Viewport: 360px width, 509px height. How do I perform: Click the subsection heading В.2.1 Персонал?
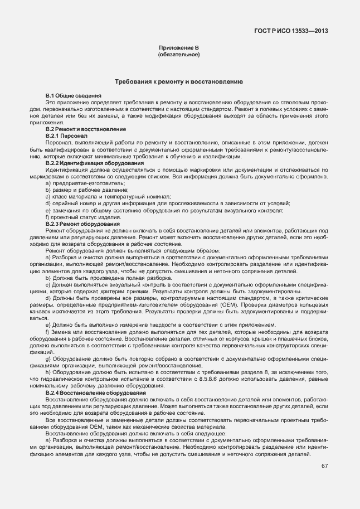66,135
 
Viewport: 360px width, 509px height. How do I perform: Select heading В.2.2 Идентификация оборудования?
95,163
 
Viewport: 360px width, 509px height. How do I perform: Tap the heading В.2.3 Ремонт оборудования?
82,223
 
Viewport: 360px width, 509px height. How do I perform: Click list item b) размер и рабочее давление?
80,190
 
